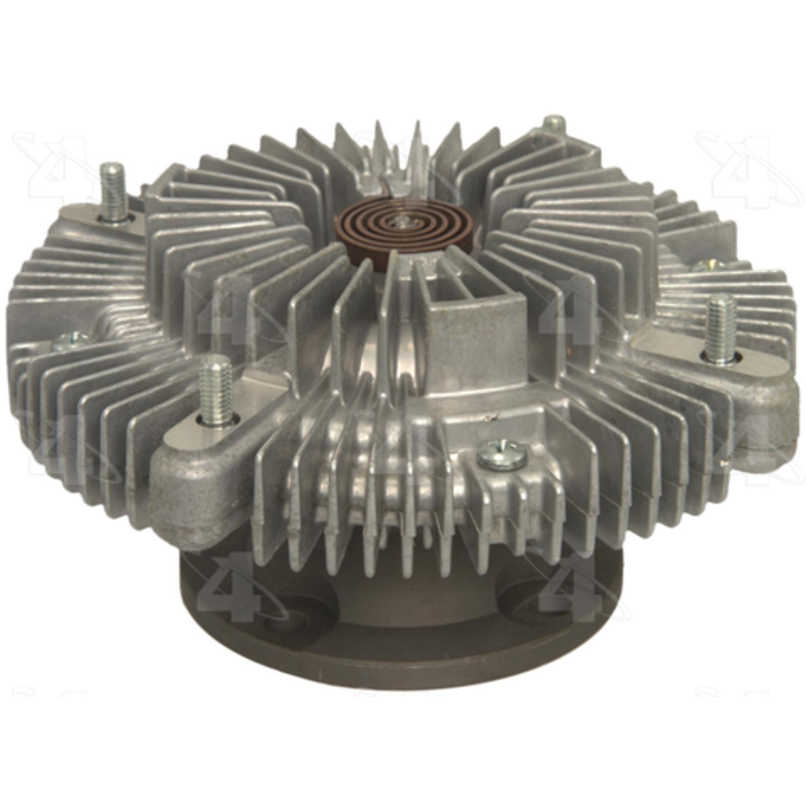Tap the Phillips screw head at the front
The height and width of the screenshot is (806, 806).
click(499, 452)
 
